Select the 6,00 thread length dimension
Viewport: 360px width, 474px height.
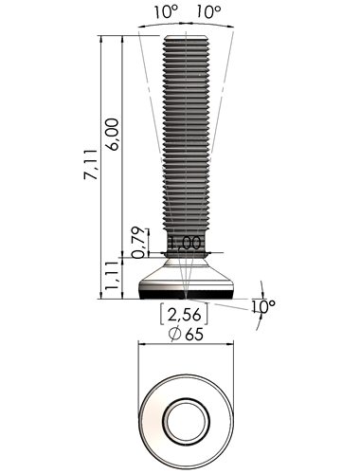[112, 135]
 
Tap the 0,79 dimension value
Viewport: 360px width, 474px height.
[139, 243]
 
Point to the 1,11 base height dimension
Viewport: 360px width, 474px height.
[112, 276]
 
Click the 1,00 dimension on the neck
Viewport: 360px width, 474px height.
[186, 244]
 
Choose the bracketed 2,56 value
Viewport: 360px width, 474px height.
[185, 315]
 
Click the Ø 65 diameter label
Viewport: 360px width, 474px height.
[187, 334]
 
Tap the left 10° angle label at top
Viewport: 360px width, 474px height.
[167, 12]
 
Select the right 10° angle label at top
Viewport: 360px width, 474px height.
[208, 12]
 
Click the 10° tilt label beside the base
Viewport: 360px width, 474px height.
[263, 306]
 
